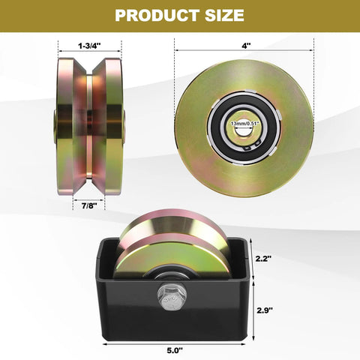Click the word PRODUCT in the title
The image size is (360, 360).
tap(150, 15)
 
